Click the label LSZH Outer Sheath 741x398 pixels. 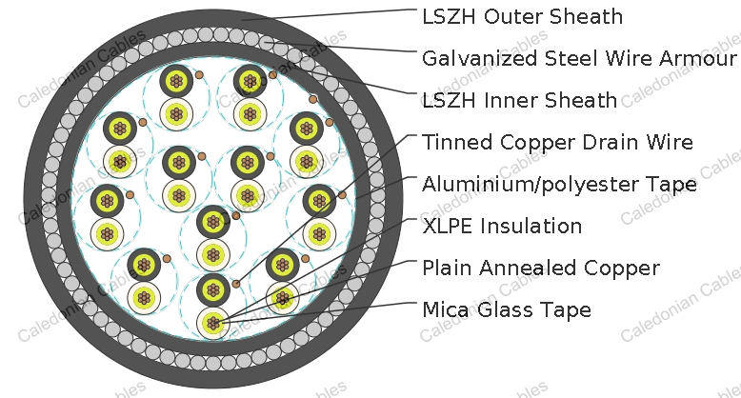point(522,17)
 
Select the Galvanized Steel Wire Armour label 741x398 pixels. point(579,59)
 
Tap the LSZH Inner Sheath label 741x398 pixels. point(519,101)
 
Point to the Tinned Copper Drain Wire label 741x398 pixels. point(557,142)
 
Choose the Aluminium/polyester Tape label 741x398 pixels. point(559,185)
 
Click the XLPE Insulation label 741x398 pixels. point(502,226)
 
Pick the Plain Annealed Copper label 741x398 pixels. point(541,268)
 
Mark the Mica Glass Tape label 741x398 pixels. point(506,310)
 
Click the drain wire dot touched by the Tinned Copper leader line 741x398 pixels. point(236,284)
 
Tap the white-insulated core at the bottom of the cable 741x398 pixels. point(213,324)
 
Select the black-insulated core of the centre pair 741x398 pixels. point(213,222)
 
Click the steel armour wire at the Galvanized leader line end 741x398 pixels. point(266,42)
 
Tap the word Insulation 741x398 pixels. point(531,226)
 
